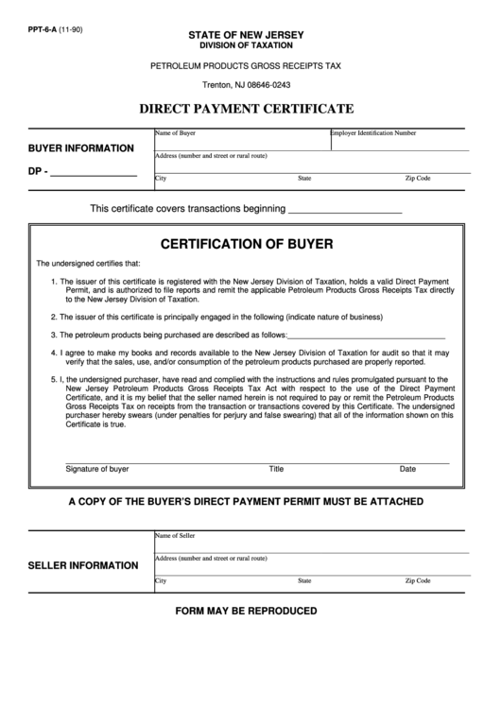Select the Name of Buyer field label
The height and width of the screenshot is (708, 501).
click(x=175, y=133)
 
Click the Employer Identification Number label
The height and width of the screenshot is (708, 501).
click(x=373, y=133)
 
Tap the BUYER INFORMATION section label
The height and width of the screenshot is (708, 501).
click(x=80, y=148)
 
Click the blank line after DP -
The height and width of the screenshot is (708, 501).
click(x=92, y=174)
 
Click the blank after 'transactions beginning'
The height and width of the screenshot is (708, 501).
click(x=344, y=208)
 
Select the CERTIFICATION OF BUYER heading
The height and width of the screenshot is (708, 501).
click(x=247, y=243)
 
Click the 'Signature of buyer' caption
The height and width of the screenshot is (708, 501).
click(x=97, y=469)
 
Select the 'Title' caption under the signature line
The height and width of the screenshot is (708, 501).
click(x=276, y=469)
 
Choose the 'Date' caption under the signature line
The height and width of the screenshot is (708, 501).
click(x=407, y=469)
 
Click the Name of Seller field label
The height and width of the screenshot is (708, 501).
click(x=175, y=535)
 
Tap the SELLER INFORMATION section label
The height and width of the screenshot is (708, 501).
click(x=83, y=565)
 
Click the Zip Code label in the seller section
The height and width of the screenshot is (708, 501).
click(x=418, y=580)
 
